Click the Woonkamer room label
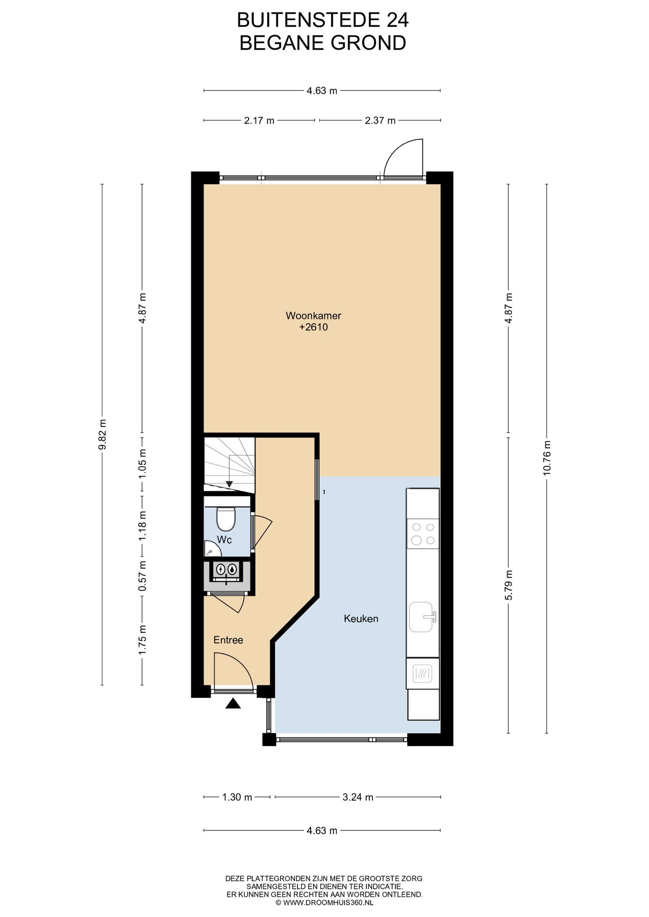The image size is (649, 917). pyautogui.click(x=313, y=316)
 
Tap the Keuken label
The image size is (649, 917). pyautogui.click(x=361, y=619)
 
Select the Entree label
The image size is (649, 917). pyautogui.click(x=228, y=640)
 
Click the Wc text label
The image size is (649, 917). pyautogui.click(x=224, y=540)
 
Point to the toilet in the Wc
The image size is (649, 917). pyautogui.click(x=226, y=518)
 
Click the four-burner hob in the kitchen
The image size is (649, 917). pyautogui.click(x=423, y=534)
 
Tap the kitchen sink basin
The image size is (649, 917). pyautogui.click(x=421, y=617)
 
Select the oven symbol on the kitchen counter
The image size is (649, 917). pyautogui.click(x=422, y=673)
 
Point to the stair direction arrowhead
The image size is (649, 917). pyautogui.click(x=229, y=484)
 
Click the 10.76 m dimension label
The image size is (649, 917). pyautogui.click(x=546, y=458)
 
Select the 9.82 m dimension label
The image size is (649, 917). pyautogui.click(x=103, y=434)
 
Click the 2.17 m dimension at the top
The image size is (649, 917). pyautogui.click(x=259, y=120)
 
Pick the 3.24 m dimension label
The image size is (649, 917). pyautogui.click(x=358, y=797)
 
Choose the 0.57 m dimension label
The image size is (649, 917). pyautogui.click(x=143, y=576)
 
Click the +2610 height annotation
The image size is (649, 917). pyautogui.click(x=314, y=327)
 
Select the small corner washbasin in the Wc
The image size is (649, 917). pyautogui.click(x=208, y=548)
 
